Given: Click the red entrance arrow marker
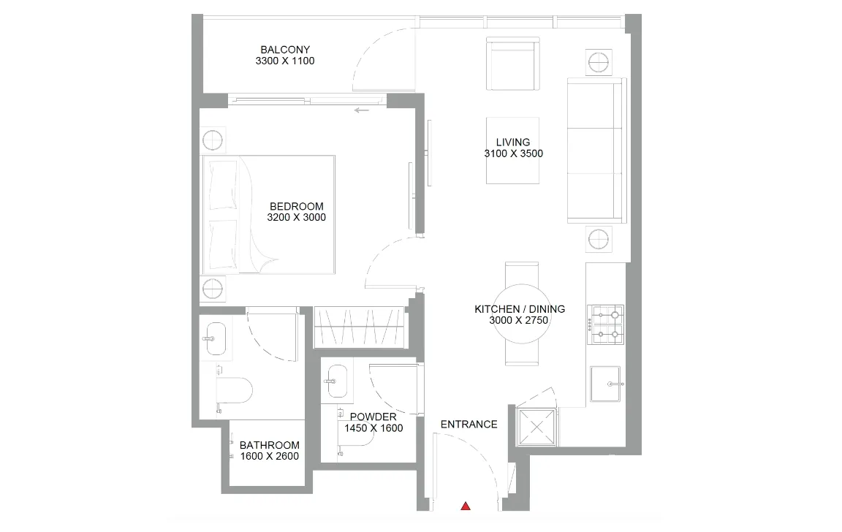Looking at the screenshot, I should click(465, 505).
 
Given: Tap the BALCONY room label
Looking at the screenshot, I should click(284, 50).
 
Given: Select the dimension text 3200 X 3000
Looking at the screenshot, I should click(297, 217).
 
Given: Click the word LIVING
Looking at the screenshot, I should click(513, 142).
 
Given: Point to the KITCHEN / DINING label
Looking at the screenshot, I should click(520, 309).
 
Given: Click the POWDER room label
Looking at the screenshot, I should click(373, 417).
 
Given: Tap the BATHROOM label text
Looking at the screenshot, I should click(269, 445).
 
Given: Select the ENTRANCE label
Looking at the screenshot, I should click(469, 424).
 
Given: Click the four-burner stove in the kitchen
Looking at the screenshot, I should click(606, 324).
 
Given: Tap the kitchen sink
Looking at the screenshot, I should click(605, 384).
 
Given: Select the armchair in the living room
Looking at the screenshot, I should click(513, 65).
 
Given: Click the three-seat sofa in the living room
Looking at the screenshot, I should click(596, 151).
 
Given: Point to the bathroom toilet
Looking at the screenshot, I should click(235, 390).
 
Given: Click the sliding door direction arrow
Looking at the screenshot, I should click(361, 110).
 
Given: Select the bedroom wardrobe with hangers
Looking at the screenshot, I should click(358, 327).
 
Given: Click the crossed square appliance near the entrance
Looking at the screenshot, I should click(537, 427).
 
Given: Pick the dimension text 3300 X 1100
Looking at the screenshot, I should click(284, 61).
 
